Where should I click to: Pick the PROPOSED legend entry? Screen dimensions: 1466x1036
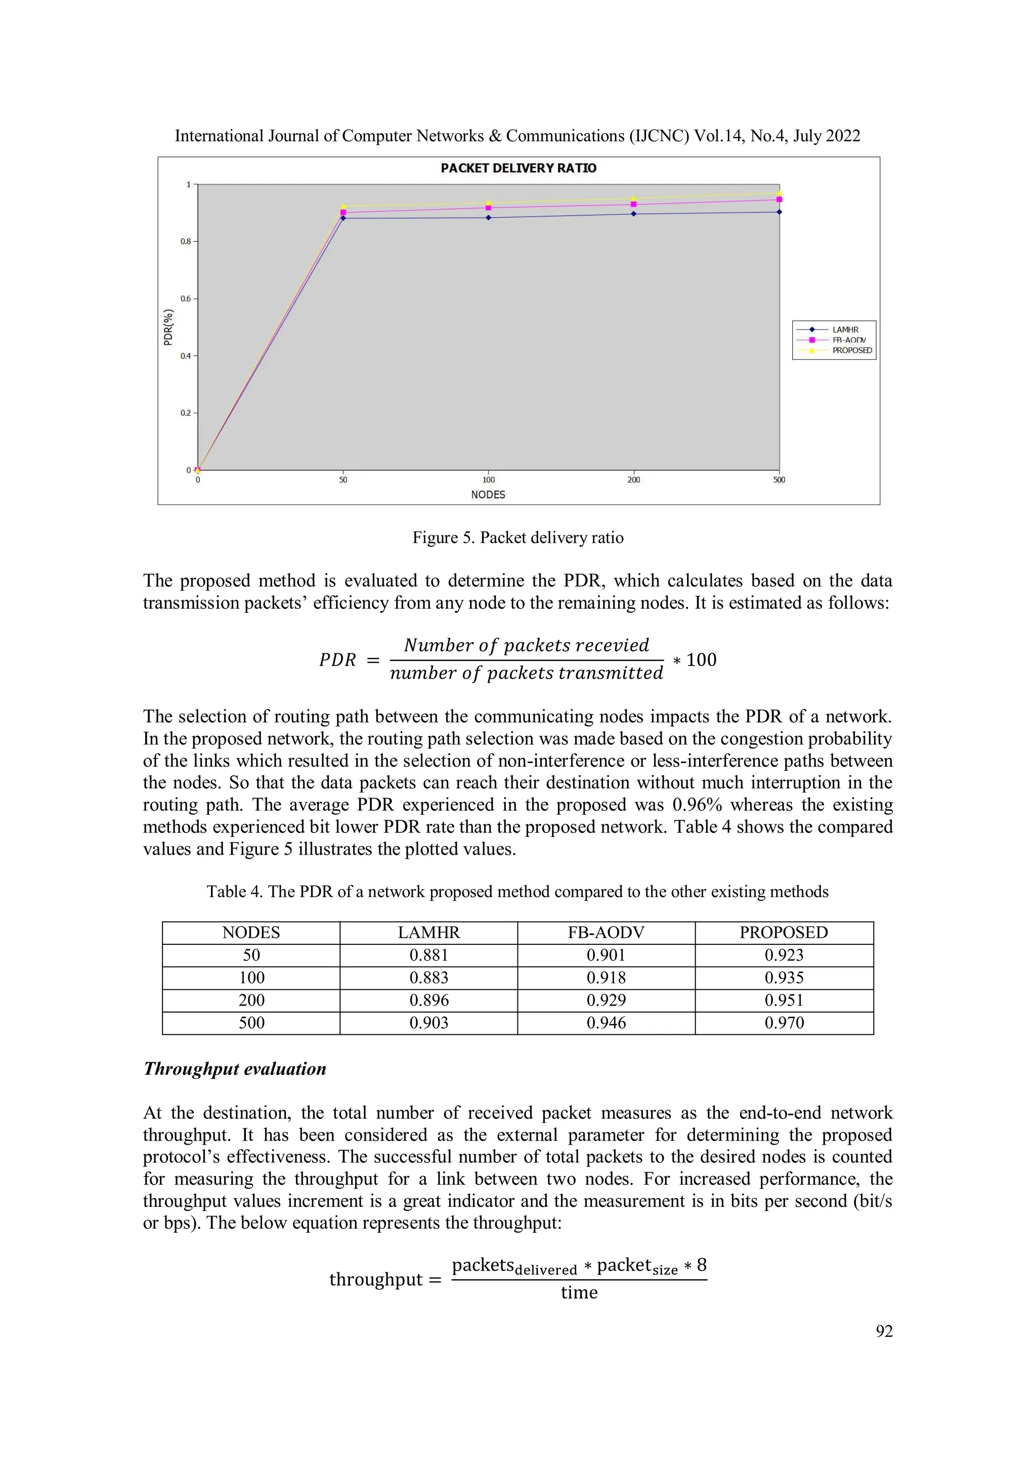point(851,351)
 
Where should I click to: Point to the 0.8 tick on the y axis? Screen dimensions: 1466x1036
point(185,241)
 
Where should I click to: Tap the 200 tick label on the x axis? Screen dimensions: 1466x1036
point(633,480)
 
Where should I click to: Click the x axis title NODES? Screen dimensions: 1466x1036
point(488,495)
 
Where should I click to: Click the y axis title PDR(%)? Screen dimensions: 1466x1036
point(168,327)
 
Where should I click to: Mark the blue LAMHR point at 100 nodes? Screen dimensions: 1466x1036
point(488,218)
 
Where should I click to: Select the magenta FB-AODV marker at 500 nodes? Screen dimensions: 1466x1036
point(779,199)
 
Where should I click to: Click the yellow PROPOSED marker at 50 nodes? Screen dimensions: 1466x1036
point(343,206)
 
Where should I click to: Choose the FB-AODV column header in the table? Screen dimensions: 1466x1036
point(606,933)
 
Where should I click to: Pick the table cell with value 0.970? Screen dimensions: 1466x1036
point(784,1023)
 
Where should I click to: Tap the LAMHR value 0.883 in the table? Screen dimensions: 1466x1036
point(429,978)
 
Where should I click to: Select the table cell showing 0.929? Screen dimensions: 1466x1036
point(606,1000)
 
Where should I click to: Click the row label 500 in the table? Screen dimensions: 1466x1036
point(251,1023)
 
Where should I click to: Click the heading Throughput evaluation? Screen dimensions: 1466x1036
point(235,1069)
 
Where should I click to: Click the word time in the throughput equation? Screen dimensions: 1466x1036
point(579,1293)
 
